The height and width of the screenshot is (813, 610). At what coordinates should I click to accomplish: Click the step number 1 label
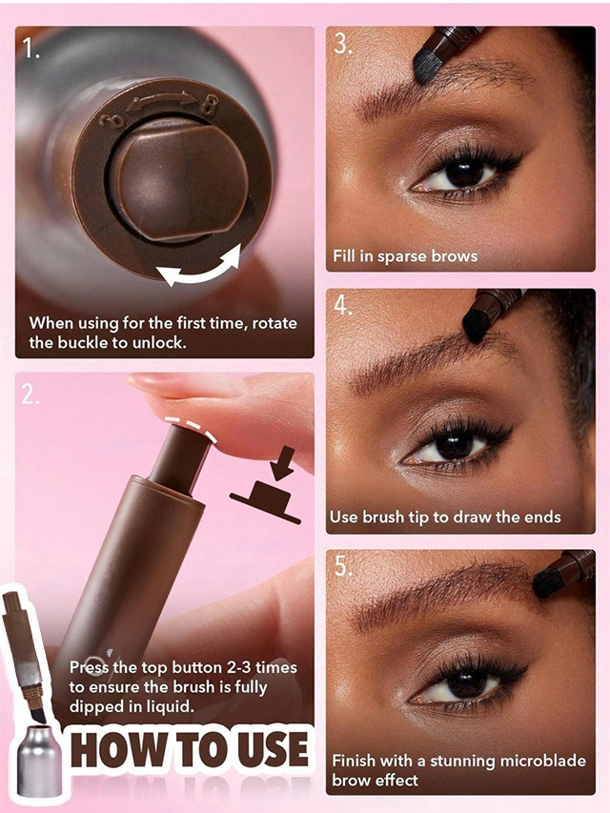point(31,50)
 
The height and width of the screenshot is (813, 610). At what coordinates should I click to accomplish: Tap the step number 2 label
point(30,396)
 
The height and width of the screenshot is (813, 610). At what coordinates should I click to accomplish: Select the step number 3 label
point(343,44)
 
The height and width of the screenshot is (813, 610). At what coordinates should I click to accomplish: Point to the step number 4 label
point(343,305)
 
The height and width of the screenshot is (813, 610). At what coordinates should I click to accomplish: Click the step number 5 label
point(343,567)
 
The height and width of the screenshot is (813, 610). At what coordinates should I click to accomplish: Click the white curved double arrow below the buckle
point(200,268)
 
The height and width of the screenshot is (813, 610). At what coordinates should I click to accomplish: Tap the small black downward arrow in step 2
point(282,463)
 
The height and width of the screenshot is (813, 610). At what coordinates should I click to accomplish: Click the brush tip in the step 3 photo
point(427,67)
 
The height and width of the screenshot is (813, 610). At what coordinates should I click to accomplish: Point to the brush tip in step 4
point(476,326)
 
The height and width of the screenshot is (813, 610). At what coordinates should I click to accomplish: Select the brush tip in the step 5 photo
point(546,581)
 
